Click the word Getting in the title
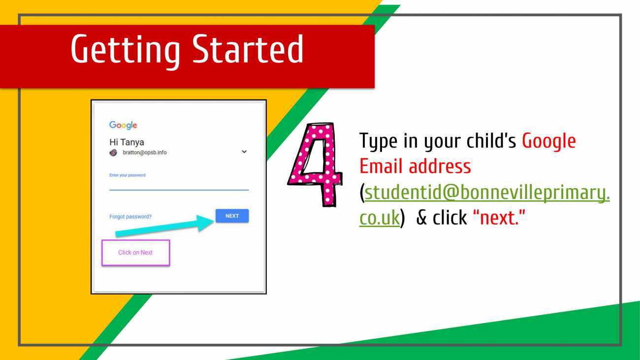[125, 51]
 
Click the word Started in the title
[248, 49]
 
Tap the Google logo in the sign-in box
[123, 125]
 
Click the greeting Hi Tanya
[127, 142]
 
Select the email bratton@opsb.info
[145, 153]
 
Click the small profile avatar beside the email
[113, 153]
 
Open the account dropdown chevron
[244, 152]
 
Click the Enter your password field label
[128, 175]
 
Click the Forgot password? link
[130, 217]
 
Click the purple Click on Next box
[136, 253]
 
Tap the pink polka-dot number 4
[316, 164]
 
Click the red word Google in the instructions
[549, 141]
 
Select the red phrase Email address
[415, 166]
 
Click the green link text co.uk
[380, 218]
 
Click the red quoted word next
[499, 218]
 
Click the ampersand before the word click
[422, 218]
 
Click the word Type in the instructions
[378, 141]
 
